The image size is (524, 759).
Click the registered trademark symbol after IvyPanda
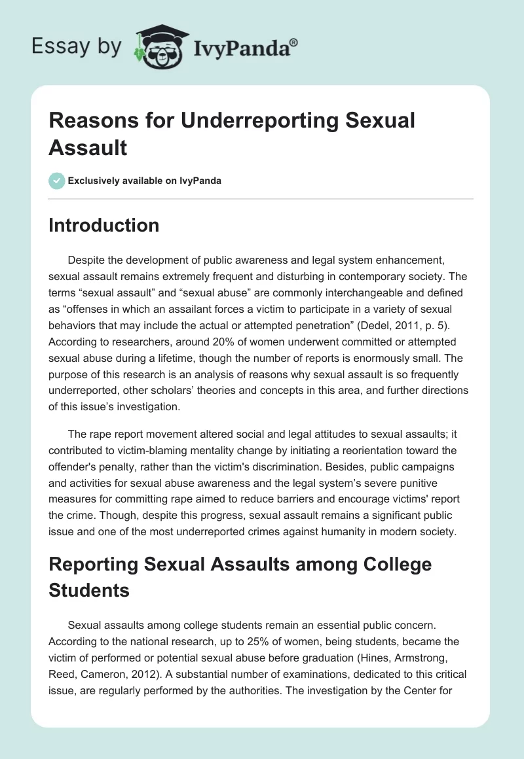point(294,43)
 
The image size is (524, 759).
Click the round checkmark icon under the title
point(57,181)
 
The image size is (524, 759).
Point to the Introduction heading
point(104,225)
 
